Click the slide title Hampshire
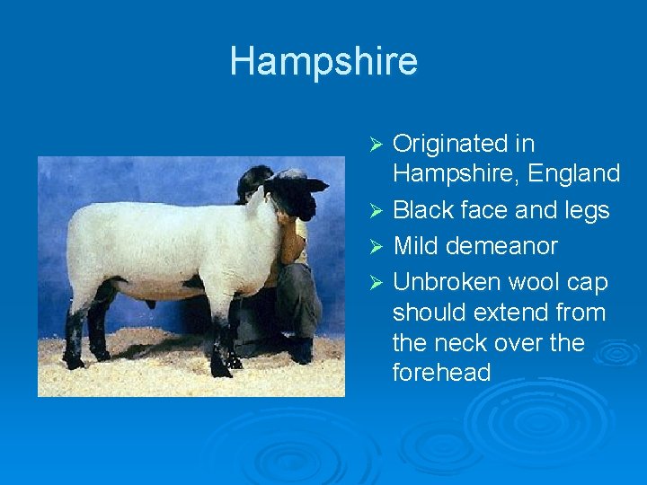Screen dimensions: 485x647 [323, 61]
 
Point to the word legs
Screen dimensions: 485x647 [587, 210]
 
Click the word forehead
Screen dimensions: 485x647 [442, 372]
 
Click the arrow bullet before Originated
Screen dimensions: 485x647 [377, 145]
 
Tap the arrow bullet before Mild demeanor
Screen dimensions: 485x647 [377, 247]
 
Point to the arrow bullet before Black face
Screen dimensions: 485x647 [377, 211]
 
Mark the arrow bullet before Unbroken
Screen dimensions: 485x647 [377, 283]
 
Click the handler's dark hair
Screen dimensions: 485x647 [253, 180]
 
